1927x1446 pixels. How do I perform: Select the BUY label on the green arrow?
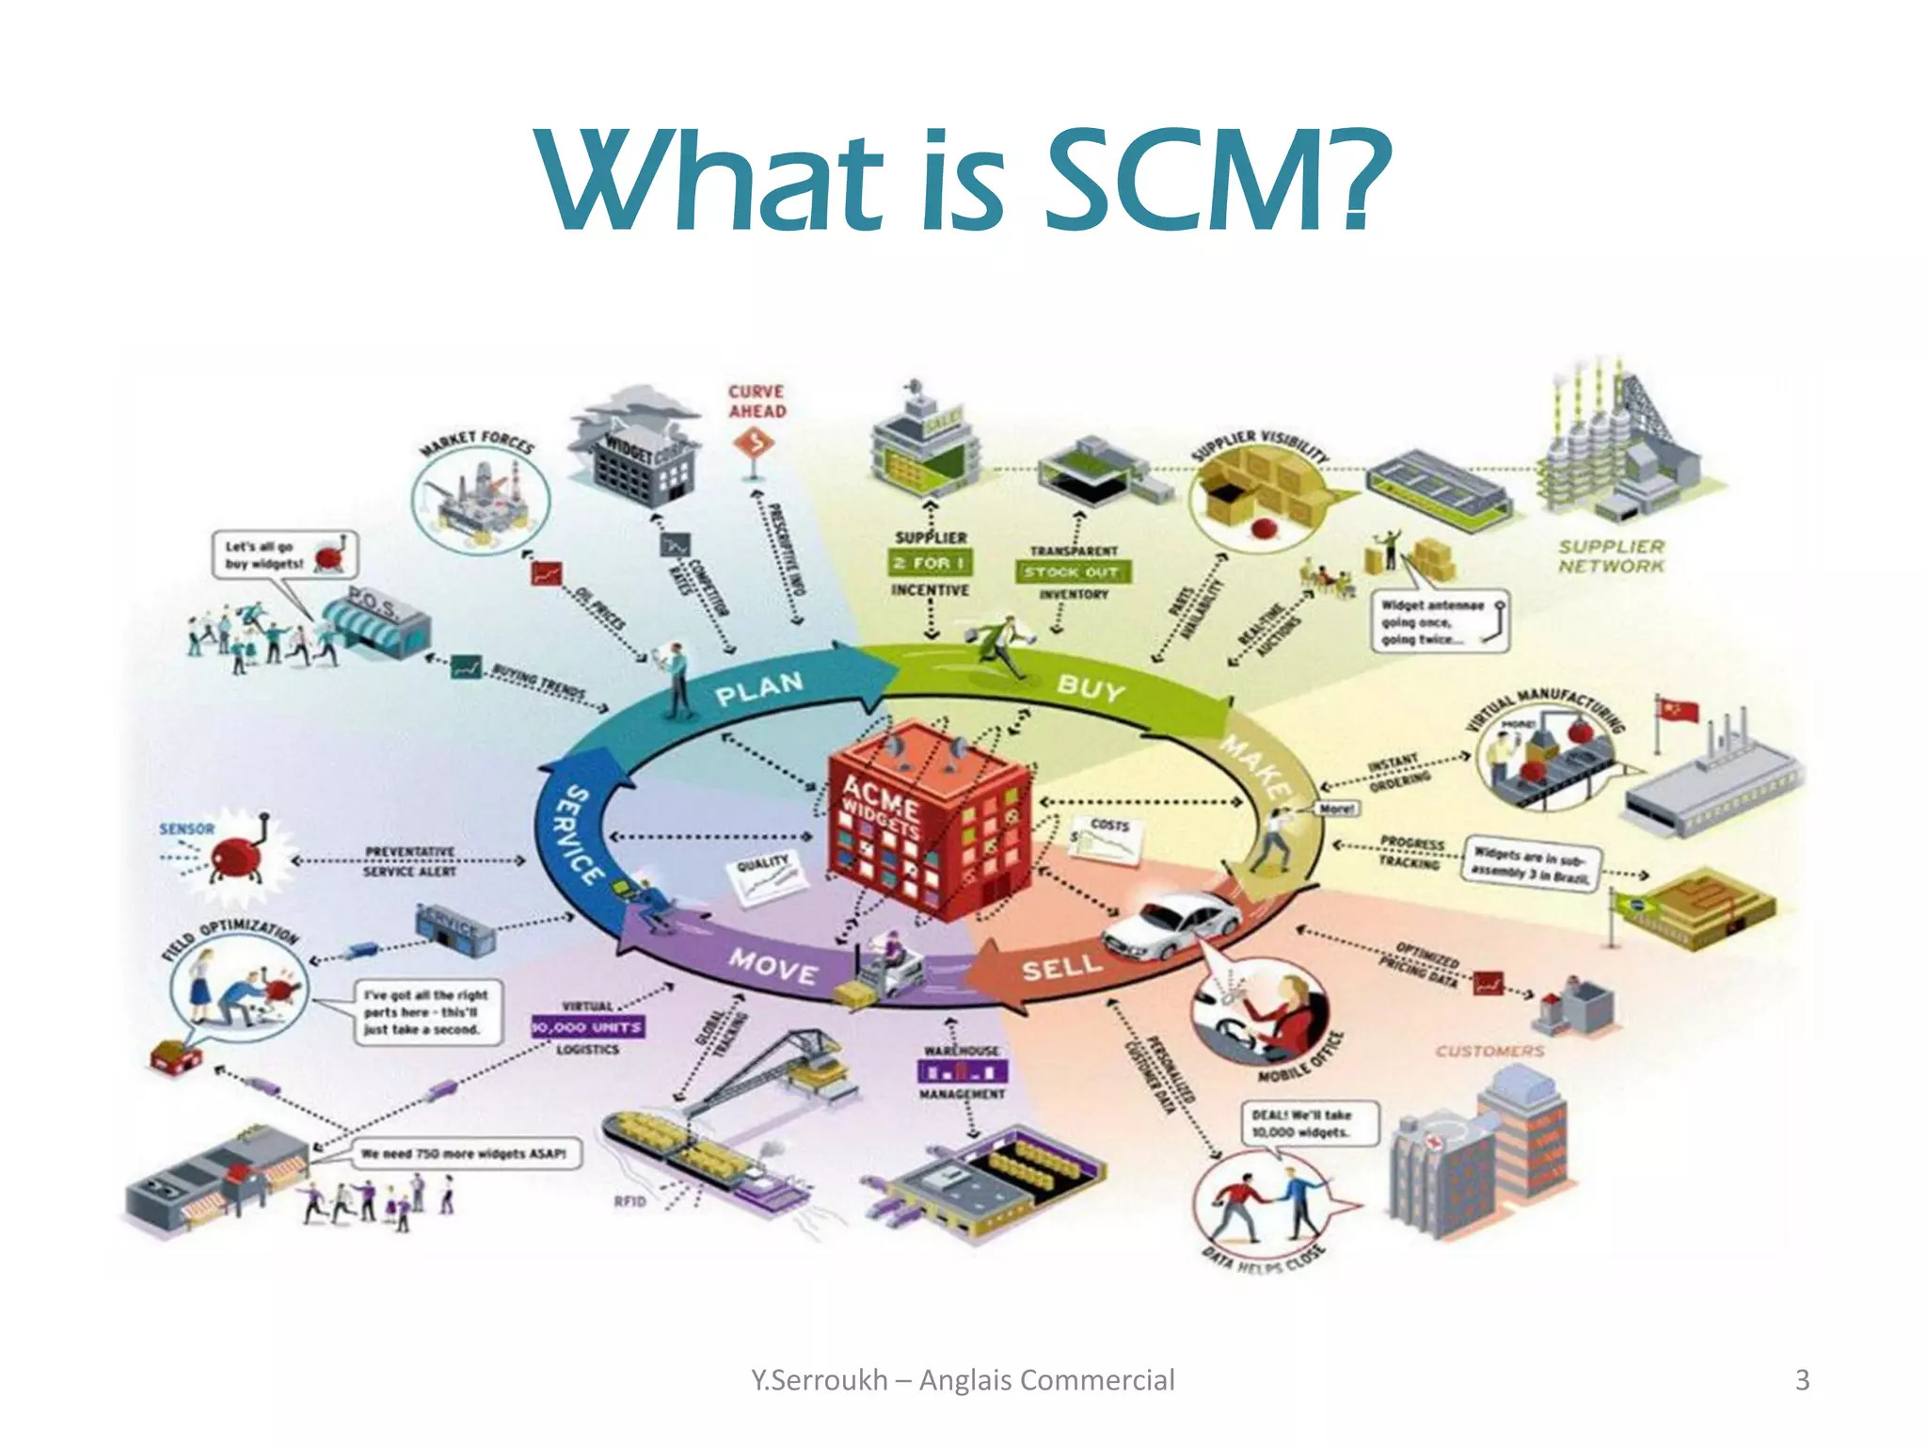1091,687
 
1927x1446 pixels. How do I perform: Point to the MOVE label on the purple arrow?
773,966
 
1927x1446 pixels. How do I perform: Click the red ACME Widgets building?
927,819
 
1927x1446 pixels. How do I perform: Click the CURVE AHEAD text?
756,401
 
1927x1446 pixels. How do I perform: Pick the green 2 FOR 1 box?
930,563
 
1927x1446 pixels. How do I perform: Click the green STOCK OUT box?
1072,571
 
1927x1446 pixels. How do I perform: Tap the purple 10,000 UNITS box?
588,1027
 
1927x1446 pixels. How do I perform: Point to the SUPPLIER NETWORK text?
1611,555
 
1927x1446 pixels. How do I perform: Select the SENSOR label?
186,828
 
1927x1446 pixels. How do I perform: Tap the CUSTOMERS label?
1489,1051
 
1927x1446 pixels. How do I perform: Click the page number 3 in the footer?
1802,1380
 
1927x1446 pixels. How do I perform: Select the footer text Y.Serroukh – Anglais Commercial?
963,1380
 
